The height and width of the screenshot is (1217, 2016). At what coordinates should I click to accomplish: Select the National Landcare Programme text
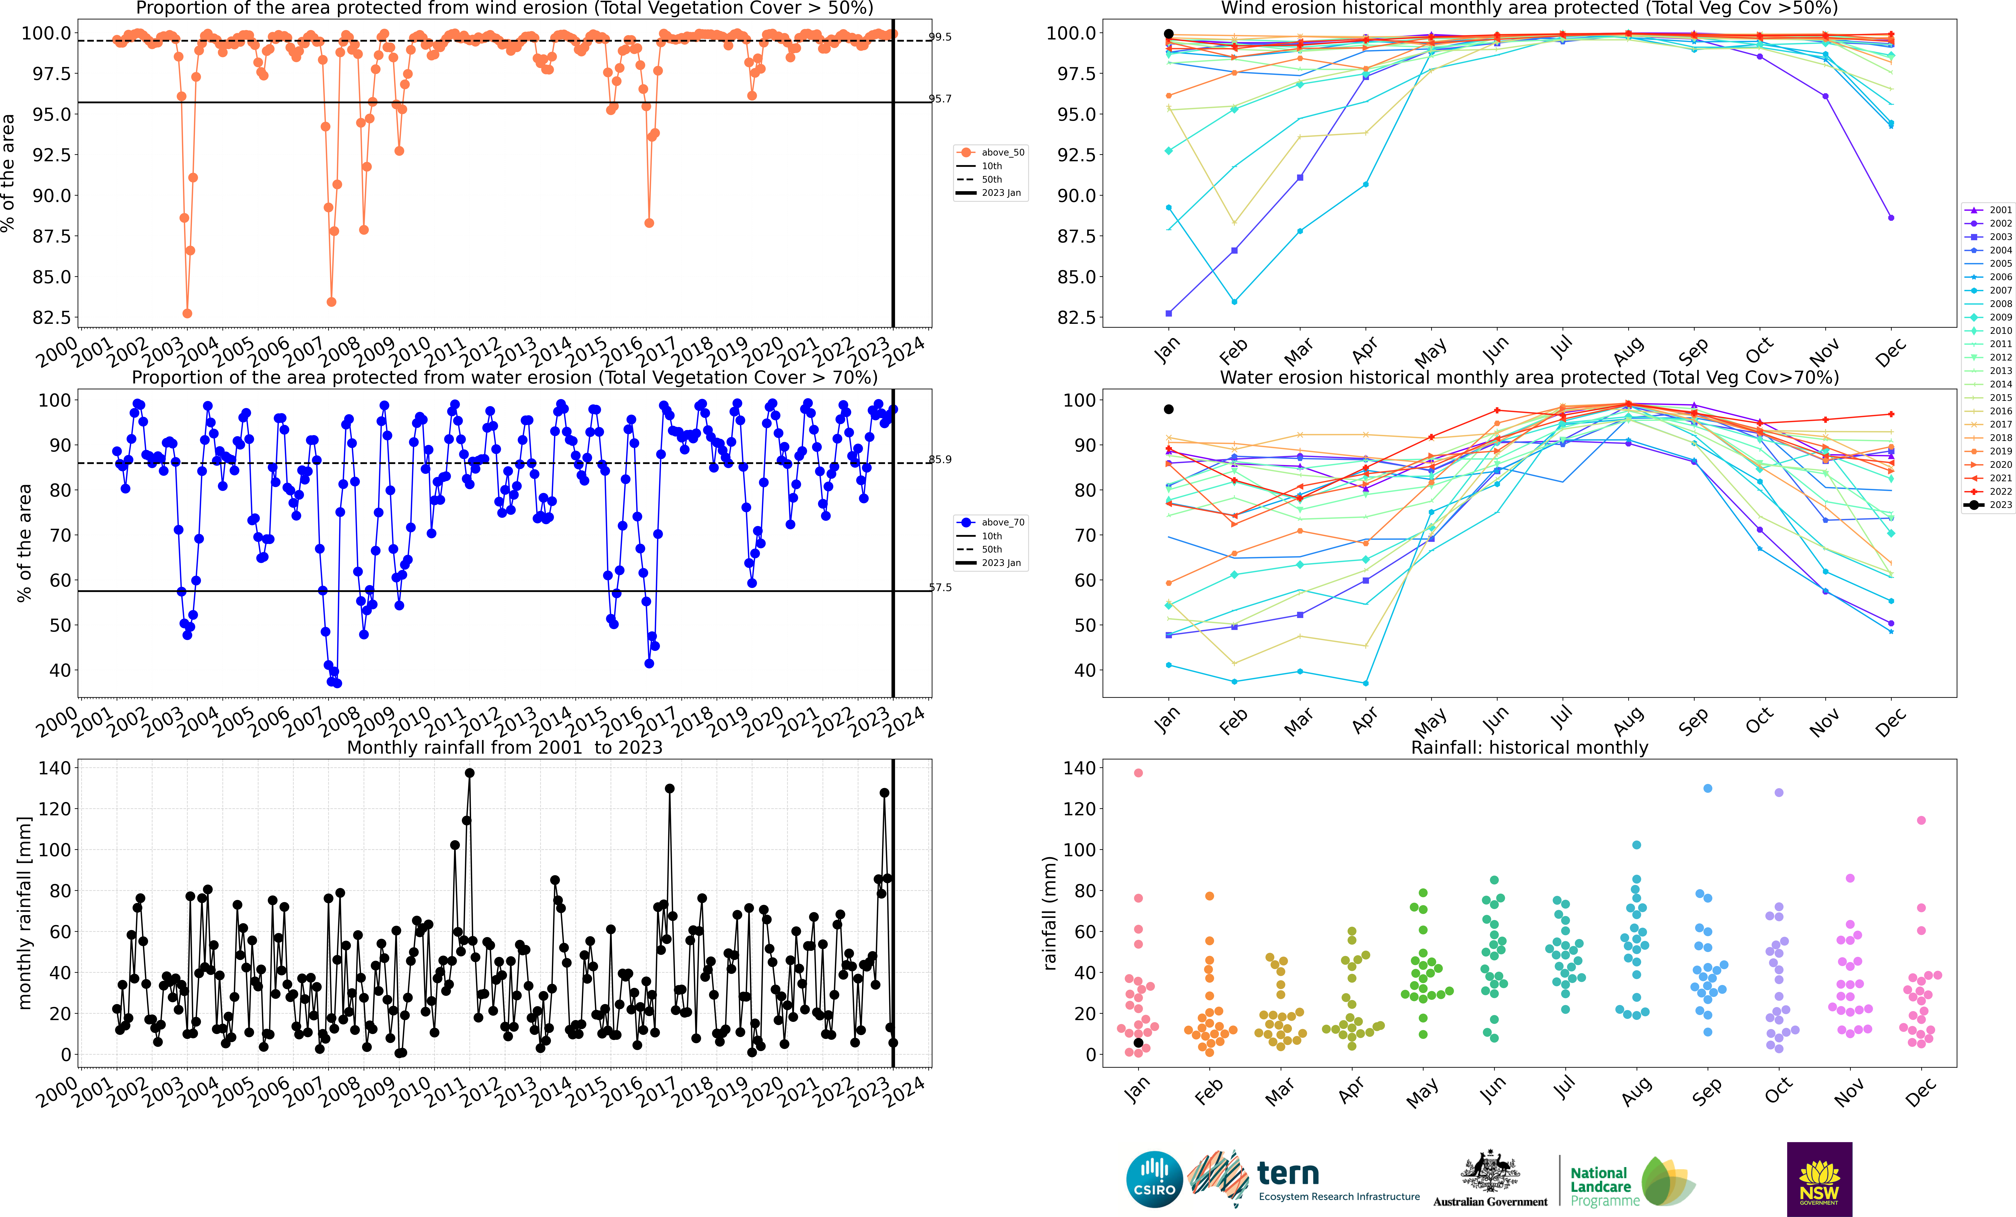click(1604, 1187)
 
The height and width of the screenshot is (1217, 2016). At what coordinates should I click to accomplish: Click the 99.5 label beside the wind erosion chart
click(940, 37)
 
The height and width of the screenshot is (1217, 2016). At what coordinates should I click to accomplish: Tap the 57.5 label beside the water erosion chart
click(940, 588)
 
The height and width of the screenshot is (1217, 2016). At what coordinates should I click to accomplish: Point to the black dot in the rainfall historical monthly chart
click(1138, 1043)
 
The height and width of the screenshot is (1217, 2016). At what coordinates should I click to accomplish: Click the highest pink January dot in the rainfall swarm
click(1138, 773)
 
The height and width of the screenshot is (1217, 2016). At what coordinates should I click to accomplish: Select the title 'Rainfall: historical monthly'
click(1529, 747)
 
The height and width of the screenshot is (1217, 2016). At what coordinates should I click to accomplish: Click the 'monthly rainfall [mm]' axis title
click(25, 913)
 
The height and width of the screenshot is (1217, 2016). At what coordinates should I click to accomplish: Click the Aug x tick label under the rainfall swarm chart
click(1636, 1092)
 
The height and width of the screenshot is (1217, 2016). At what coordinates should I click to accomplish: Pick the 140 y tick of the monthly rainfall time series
click(55, 768)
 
